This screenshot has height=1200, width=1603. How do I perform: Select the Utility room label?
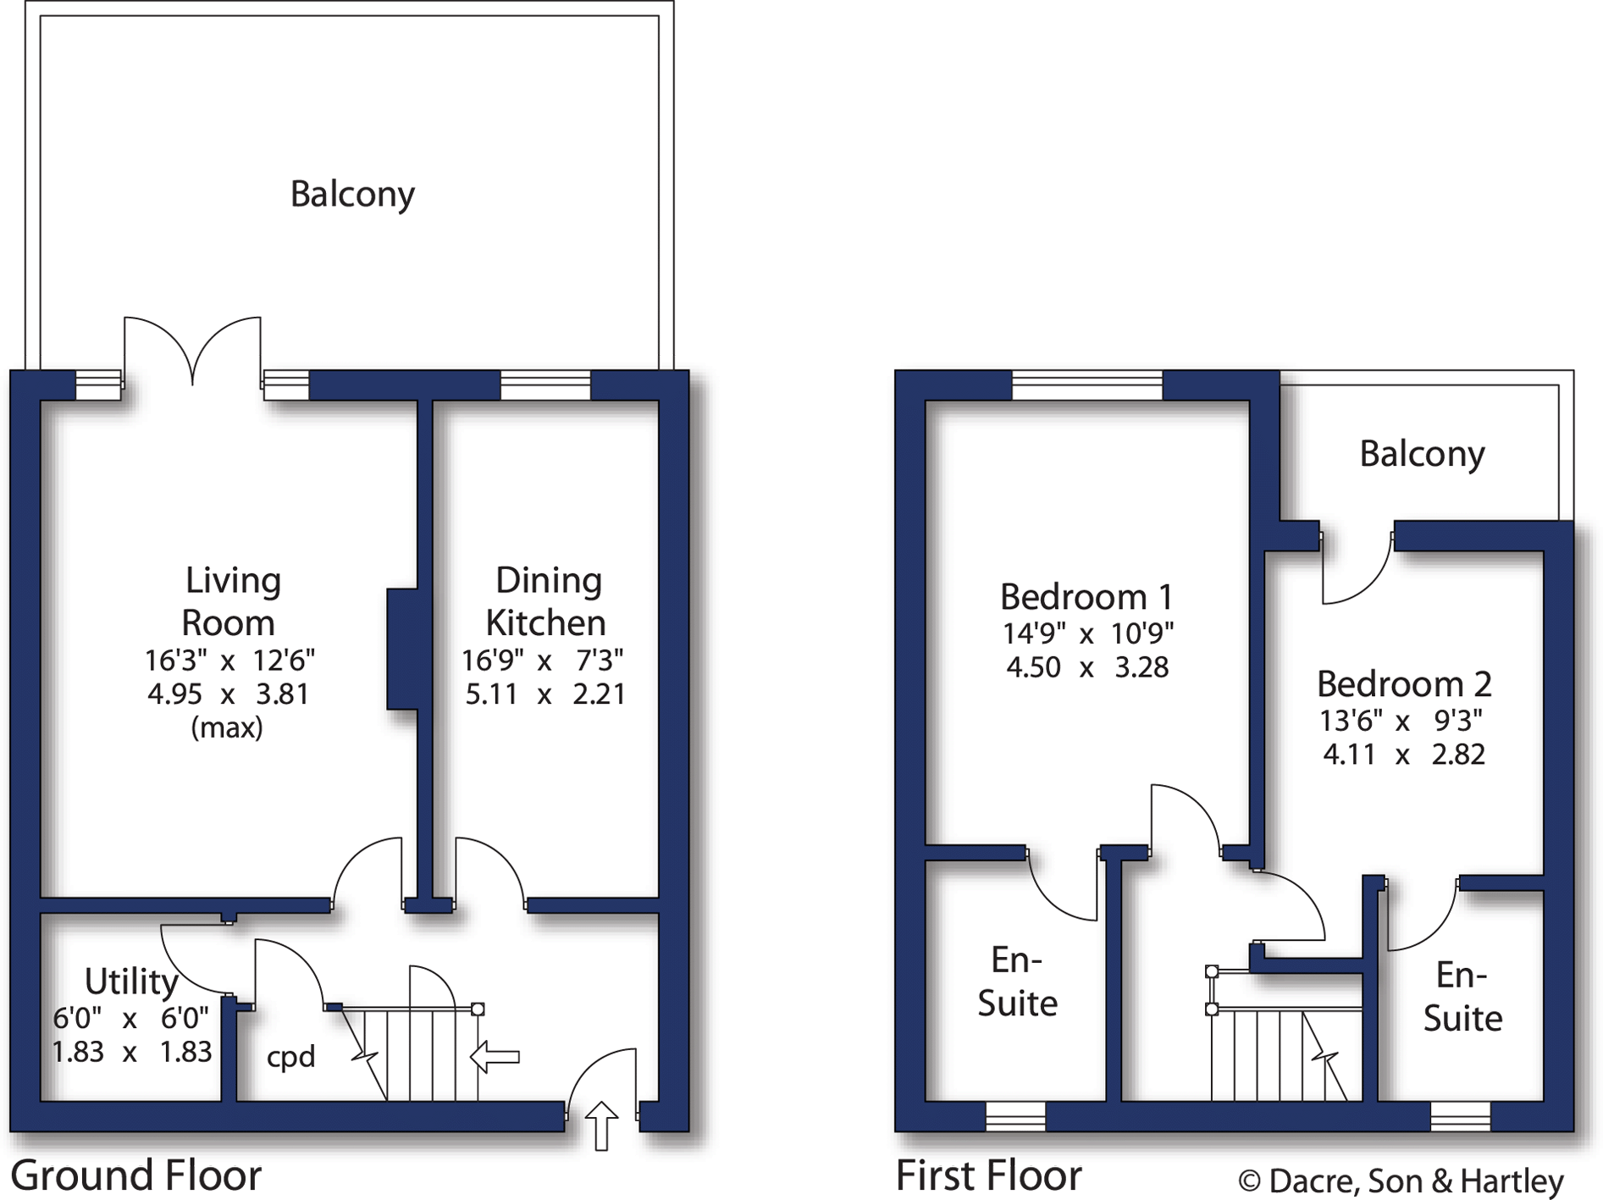point(131,982)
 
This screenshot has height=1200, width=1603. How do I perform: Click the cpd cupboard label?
point(290,1057)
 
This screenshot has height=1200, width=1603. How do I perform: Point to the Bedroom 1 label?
point(1086,597)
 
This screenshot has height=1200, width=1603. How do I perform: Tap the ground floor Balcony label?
point(352,195)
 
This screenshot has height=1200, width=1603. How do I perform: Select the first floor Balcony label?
point(1422,454)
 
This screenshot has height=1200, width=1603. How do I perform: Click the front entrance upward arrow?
point(601,1125)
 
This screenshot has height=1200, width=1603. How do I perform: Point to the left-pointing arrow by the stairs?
point(495,1057)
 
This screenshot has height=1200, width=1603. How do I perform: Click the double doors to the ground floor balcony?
point(193,351)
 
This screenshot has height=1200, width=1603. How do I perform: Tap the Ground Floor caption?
point(135,1175)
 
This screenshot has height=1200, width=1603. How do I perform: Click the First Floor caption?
point(988,1175)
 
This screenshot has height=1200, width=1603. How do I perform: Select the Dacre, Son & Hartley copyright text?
point(1401,1181)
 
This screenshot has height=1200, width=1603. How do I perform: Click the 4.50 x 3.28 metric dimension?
point(1087,667)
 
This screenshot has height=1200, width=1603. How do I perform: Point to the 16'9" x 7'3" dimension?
point(543,660)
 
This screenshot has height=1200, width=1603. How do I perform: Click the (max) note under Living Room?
point(227,727)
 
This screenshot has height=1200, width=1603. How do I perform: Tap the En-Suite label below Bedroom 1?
point(1017,982)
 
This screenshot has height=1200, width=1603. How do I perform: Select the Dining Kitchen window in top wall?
point(545,385)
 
